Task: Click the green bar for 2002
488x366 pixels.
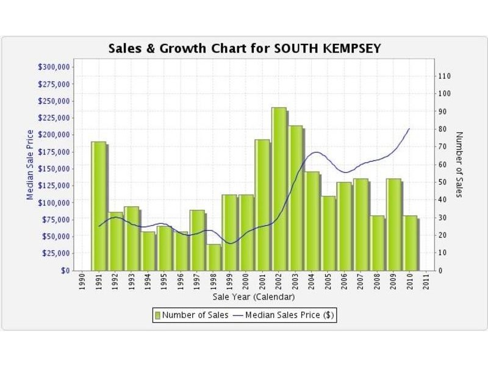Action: (x=279, y=189)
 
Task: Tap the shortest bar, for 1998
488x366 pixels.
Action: (x=213, y=257)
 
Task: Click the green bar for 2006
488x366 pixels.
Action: (x=344, y=226)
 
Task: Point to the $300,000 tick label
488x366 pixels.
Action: (x=55, y=66)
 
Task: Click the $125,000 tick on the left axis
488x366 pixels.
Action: (x=55, y=185)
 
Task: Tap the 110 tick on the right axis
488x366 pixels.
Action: (x=444, y=76)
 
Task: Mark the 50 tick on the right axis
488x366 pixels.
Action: (x=442, y=182)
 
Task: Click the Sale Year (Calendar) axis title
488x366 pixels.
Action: (x=254, y=297)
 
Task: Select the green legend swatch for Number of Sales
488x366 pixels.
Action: (x=157, y=315)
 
